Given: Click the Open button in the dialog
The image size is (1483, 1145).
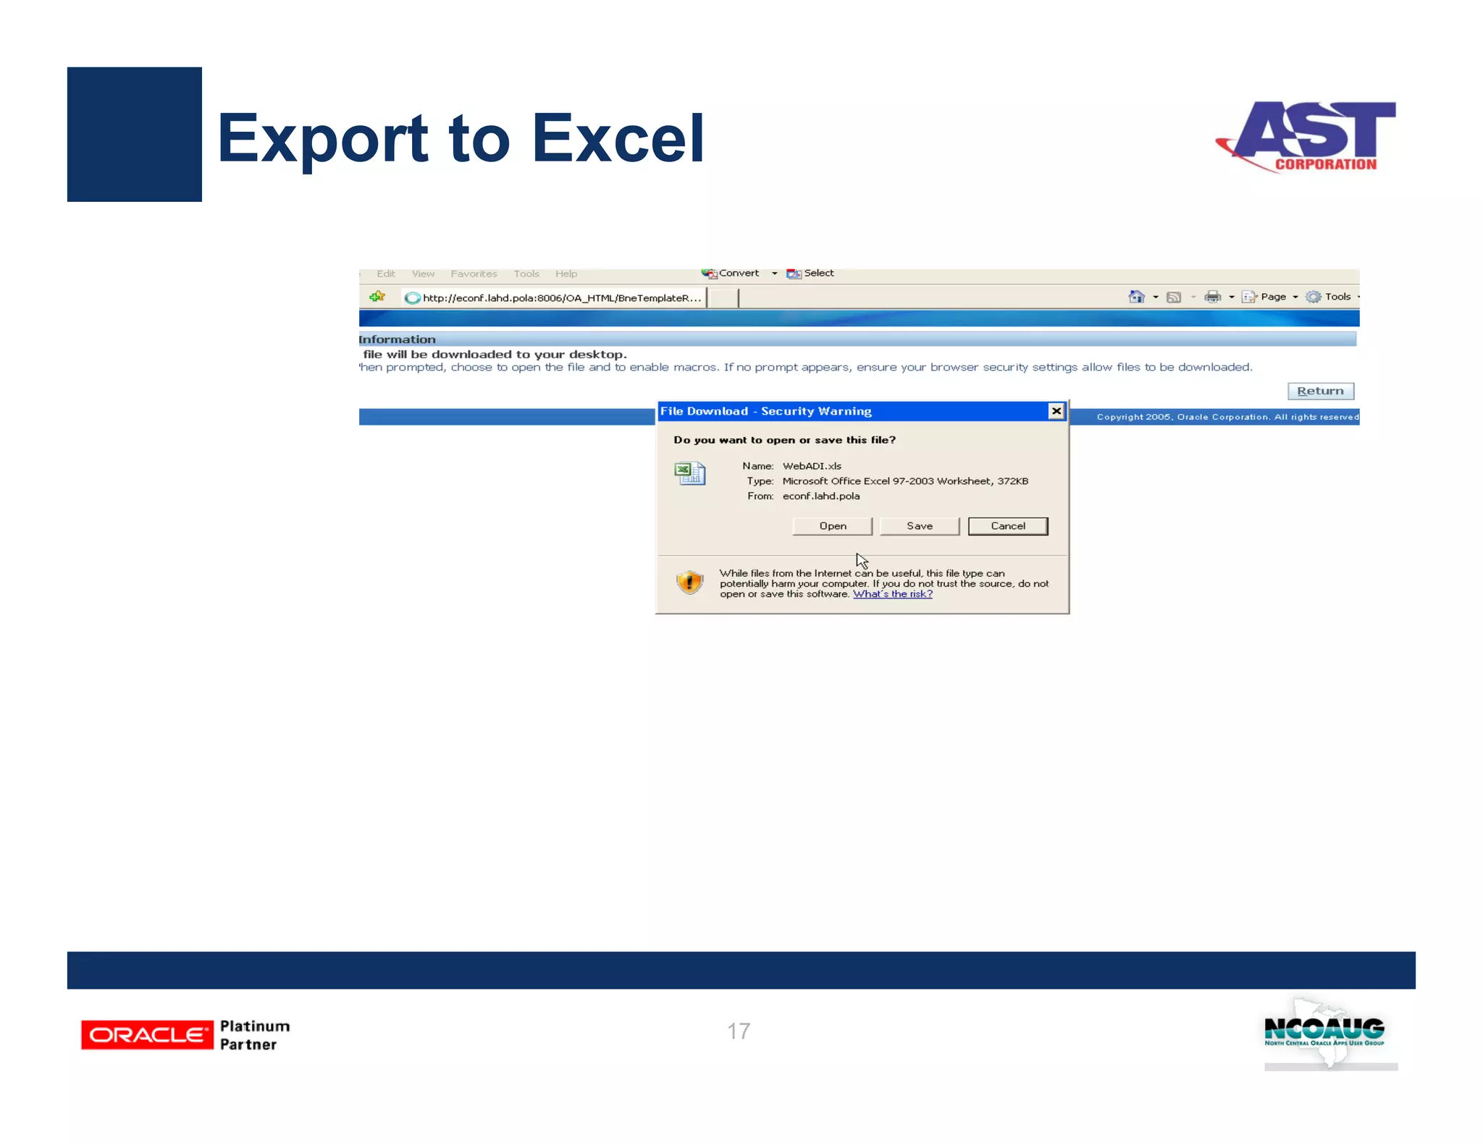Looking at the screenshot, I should pos(832,526).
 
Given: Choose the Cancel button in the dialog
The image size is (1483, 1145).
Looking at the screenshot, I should pos(1007,526).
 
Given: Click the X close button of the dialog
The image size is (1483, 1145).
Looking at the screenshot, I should pos(1056,411).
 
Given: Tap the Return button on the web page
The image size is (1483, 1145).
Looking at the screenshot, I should pos(1320,391).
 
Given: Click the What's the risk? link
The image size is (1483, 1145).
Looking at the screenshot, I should pos(892,594).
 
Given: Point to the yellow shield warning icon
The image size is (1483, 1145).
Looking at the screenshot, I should pos(689,582).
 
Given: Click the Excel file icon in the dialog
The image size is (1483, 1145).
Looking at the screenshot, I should pos(689,473).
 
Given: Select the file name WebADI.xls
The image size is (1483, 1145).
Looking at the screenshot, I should pos(812,466).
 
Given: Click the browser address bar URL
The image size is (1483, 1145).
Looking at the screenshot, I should pos(561,298).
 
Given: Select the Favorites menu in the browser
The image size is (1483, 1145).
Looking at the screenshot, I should pos(474,274).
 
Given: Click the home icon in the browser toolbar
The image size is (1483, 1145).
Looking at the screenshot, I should pos(1136,297).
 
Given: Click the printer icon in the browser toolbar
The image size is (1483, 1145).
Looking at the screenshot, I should pos(1212,297).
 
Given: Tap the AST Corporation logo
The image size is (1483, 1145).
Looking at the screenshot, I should pos(1308,136).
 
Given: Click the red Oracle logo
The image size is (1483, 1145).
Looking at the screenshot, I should pos(147,1035).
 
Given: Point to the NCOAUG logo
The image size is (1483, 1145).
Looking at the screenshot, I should pos(1324,1032).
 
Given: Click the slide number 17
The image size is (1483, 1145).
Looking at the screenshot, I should pos(739,1031).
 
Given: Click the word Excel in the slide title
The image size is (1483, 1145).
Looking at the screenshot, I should pos(618,139).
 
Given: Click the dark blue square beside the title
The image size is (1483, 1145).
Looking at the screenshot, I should pos(135,135).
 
